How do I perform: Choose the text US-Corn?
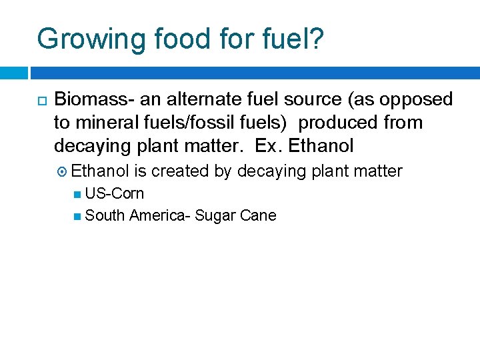pos(115,194)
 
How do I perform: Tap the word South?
pos(105,215)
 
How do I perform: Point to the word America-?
pos(161,215)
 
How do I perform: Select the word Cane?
pos(260,215)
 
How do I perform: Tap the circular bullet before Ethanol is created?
pos(63,172)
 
